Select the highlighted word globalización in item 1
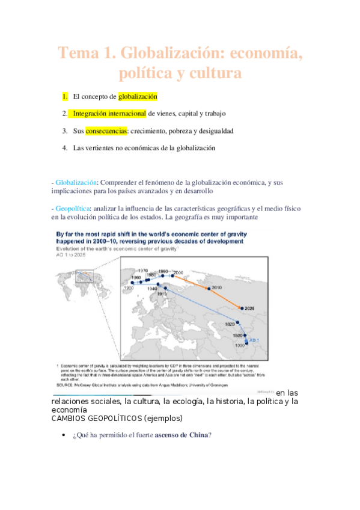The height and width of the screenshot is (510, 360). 138,96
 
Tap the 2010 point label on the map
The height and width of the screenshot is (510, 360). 216,288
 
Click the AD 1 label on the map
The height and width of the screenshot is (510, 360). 254,340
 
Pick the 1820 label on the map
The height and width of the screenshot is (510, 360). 230,324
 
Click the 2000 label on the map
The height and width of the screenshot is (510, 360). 178,272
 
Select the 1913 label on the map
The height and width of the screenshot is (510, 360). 162,294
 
